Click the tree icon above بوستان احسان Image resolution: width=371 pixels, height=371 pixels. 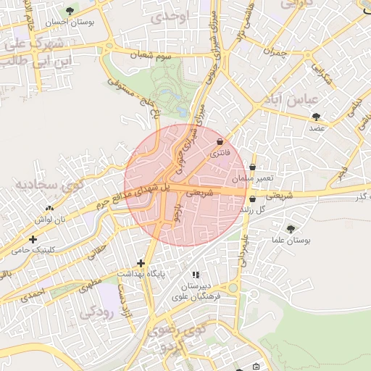click(70, 11)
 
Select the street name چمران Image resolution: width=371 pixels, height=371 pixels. click(275, 53)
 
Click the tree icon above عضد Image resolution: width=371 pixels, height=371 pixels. click(316, 116)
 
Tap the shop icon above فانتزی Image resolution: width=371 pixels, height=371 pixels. click(220, 141)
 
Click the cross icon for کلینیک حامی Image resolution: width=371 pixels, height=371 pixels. click(32, 239)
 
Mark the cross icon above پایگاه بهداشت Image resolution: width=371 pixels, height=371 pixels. click(141, 263)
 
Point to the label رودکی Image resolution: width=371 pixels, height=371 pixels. click(98, 312)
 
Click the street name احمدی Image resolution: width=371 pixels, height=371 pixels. click(32, 295)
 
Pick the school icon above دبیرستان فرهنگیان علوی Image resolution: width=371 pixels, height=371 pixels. click(196, 275)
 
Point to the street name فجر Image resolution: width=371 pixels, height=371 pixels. click(341, 174)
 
